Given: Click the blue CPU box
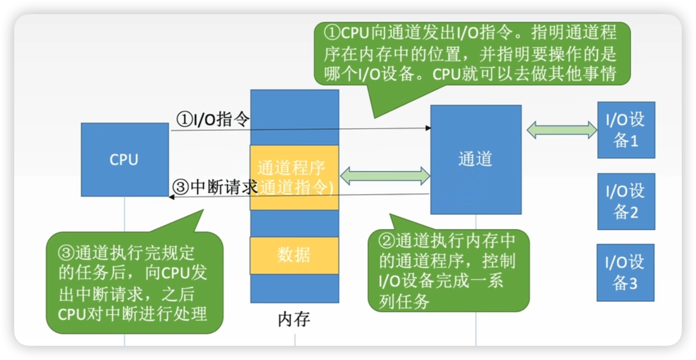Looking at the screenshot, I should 125,159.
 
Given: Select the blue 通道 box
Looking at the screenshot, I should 476,159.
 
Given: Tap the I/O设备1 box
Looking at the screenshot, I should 626,130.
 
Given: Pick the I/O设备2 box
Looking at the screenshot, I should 626,201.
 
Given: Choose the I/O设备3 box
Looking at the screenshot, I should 625,272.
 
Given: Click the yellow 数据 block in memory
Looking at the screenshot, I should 294,255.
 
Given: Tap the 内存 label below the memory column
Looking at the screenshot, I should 294,319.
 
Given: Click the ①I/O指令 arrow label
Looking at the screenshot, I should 213,119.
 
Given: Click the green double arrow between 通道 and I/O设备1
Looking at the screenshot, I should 562,130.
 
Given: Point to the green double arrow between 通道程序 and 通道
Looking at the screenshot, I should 385,176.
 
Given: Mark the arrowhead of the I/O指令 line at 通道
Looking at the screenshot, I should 428,128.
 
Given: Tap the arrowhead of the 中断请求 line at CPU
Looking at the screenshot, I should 172,197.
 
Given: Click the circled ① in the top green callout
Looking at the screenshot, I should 332,33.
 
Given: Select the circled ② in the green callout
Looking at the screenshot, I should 386,241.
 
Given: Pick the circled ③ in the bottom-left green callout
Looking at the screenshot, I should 66,253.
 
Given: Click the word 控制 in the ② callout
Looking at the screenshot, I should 499,261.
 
